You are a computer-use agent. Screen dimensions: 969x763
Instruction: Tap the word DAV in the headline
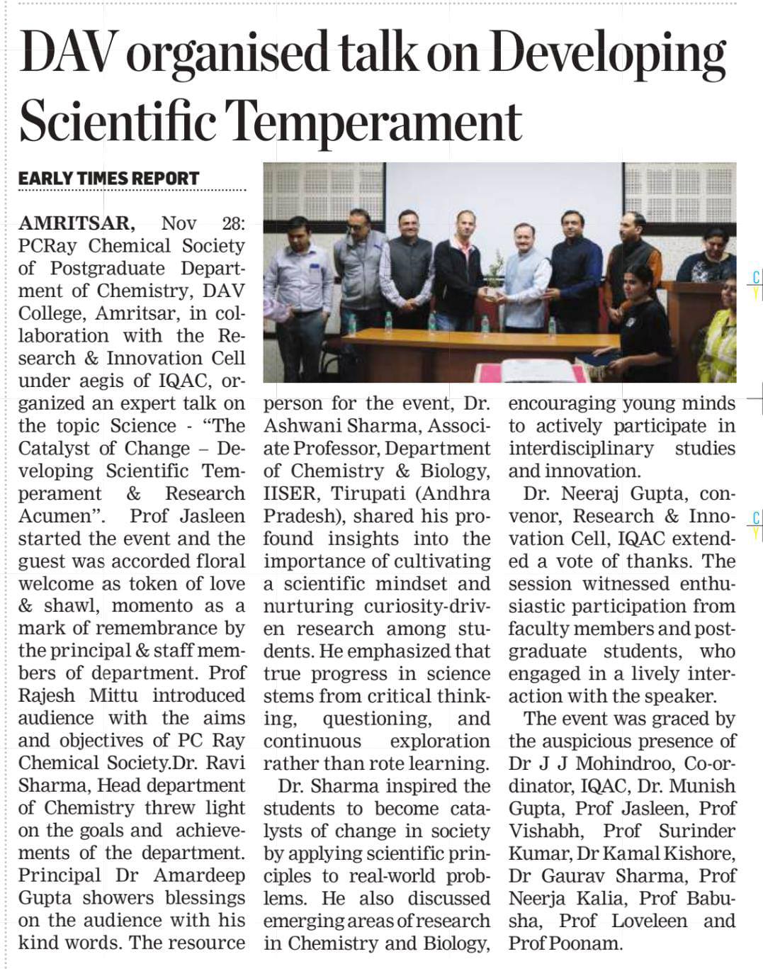click(x=67, y=53)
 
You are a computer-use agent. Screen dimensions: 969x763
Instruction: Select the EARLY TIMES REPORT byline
click(x=108, y=178)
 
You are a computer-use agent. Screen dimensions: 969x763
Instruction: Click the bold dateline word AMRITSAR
click(x=76, y=223)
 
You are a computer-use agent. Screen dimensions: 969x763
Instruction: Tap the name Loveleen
click(x=649, y=921)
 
